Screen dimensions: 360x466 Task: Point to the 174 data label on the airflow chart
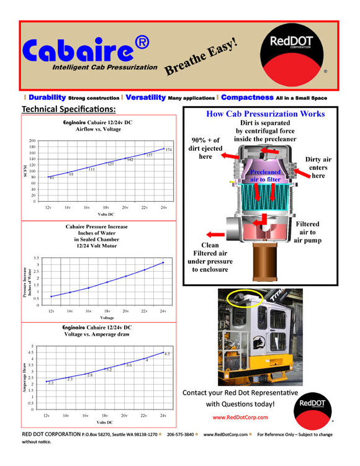tap(168, 150)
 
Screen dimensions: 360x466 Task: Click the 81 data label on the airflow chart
tap(52, 179)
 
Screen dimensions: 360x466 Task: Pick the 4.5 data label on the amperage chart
tap(167, 353)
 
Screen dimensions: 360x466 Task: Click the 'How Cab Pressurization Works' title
tap(265, 114)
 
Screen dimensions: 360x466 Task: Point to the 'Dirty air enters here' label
tap(318, 168)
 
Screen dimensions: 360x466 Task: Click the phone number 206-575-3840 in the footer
tap(181, 435)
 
